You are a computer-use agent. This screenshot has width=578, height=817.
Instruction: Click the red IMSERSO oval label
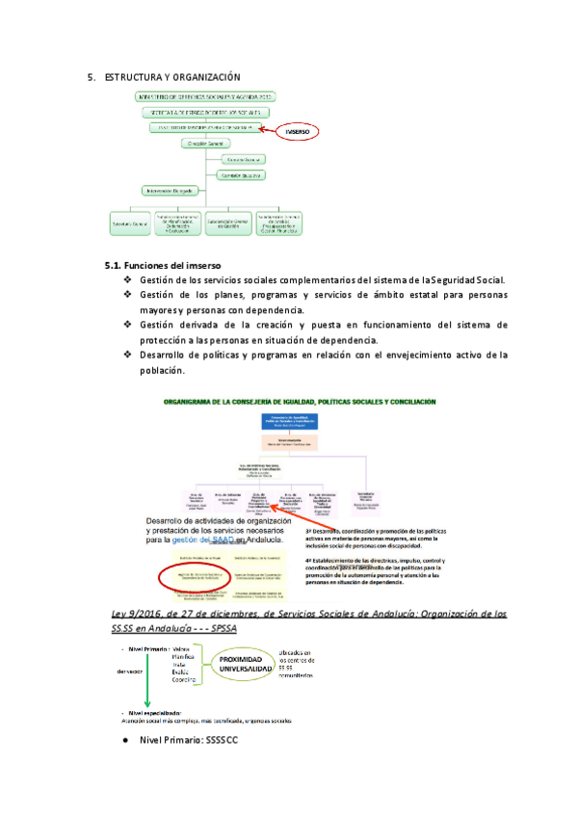pos(296,132)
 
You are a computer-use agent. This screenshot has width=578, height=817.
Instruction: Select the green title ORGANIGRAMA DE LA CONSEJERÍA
pos(302,401)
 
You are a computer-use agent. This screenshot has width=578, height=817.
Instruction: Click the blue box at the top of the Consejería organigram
pos(290,421)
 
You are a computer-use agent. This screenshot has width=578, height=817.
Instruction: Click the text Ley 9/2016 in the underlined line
pos(138,614)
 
